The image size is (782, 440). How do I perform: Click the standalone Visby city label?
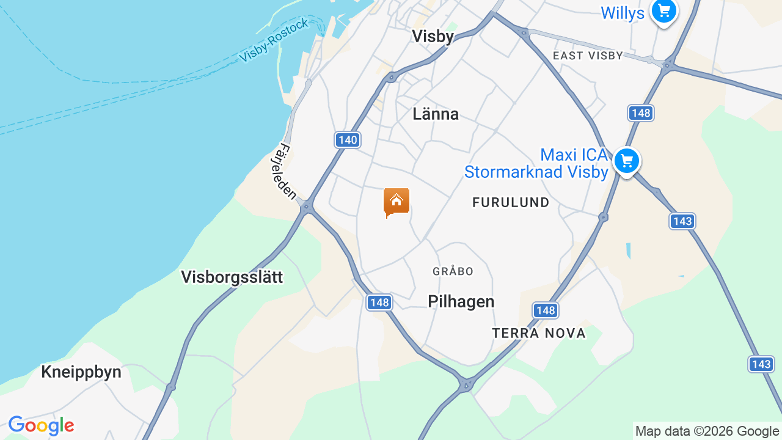pos(433,37)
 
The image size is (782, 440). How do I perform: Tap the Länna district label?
pos(436,114)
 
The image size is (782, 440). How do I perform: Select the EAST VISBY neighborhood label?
pos(588,56)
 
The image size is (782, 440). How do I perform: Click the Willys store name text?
pos(623,13)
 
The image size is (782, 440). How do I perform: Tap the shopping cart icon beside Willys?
pos(663,11)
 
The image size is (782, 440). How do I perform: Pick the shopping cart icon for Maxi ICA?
pos(626,161)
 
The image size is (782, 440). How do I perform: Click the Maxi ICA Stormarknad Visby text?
pos(536,163)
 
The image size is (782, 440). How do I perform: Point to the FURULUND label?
pos(511,202)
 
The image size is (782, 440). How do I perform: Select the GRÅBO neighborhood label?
pos(453,271)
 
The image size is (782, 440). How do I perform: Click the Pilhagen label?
pos(461,301)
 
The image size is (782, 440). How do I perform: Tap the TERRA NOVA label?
pos(539,333)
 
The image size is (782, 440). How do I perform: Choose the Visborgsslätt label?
pos(232,277)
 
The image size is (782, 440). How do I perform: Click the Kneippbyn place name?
pos(81,372)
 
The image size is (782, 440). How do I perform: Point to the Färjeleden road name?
pos(284,172)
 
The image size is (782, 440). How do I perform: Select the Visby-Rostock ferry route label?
pos(274,40)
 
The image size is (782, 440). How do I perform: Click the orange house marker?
pos(396,202)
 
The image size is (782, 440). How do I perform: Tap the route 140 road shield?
pos(348,140)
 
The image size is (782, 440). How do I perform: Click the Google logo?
pos(41,425)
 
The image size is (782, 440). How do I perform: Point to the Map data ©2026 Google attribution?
pos(707,431)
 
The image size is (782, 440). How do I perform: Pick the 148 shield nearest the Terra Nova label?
pos(546,310)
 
